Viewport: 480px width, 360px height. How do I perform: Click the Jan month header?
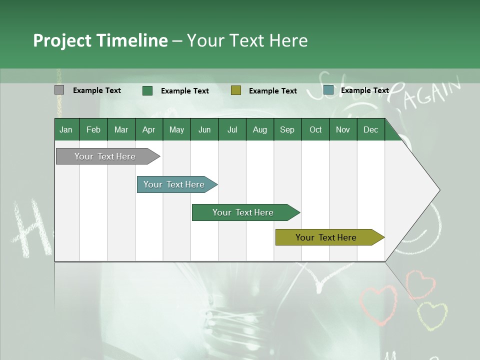pyautogui.click(x=66, y=129)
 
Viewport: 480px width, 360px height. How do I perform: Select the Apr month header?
pyautogui.click(x=148, y=129)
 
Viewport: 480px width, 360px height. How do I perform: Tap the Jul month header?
pyautogui.click(x=232, y=129)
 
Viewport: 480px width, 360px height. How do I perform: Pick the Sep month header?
pyautogui.click(x=287, y=129)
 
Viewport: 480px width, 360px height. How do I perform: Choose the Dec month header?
pyautogui.click(x=370, y=129)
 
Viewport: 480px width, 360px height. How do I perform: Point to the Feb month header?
pyautogui.click(x=93, y=129)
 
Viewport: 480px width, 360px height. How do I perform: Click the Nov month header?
pyautogui.click(x=342, y=129)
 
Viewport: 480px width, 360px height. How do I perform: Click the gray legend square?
pyautogui.click(x=59, y=90)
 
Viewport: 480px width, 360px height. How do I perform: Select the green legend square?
pyautogui.click(x=147, y=90)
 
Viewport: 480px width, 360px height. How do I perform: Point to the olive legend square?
pyautogui.click(x=236, y=90)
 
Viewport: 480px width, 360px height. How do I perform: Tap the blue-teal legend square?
pyautogui.click(x=328, y=90)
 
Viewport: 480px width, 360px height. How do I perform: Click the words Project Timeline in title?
pyautogui.click(x=100, y=40)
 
